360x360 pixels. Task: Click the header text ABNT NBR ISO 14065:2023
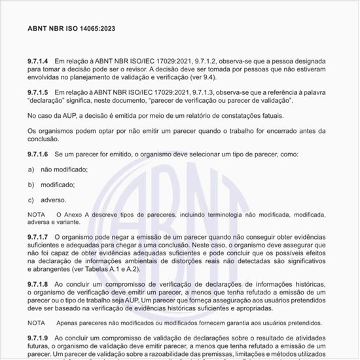[71, 29]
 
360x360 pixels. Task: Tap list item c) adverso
[48, 200]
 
